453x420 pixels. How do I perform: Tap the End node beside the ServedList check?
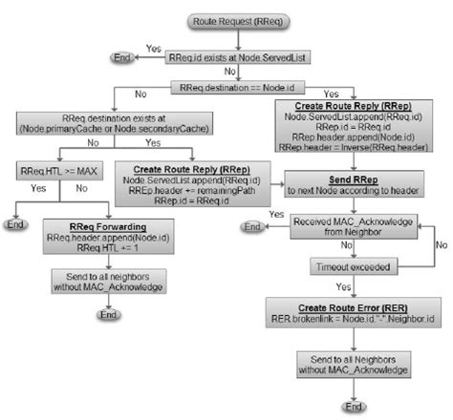point(123,58)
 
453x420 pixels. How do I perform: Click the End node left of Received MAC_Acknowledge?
point(252,227)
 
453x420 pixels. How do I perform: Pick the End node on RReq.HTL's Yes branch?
point(16,225)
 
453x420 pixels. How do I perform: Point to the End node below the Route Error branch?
point(355,407)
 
